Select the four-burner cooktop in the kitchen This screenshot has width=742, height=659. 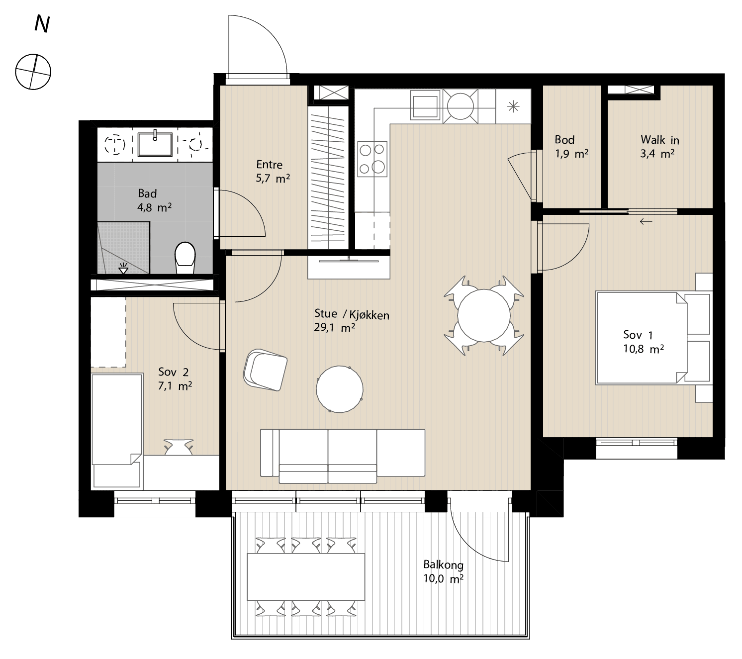372,159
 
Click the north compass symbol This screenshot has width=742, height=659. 33,72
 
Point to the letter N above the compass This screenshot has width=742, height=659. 42,24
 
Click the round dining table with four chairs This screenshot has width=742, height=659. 484,315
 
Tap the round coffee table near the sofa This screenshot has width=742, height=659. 340,389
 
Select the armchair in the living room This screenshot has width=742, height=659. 265,370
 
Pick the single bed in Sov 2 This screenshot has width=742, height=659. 117,431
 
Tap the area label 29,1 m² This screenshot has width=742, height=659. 334,327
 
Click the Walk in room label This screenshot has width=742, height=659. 659,140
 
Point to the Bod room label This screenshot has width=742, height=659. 564,140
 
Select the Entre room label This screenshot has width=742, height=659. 269,165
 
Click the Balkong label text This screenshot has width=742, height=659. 443,565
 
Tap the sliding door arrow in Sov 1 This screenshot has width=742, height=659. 646,221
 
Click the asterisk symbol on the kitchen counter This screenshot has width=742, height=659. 513,106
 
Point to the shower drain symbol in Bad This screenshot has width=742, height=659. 123,269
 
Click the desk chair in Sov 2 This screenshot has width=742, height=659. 179,447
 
